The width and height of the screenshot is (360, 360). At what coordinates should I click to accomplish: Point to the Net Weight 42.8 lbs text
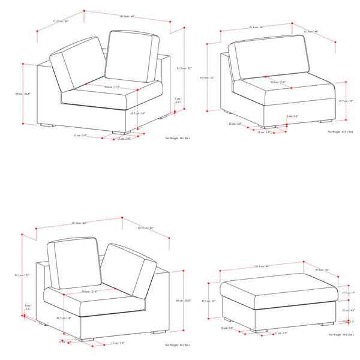tap(340, 131)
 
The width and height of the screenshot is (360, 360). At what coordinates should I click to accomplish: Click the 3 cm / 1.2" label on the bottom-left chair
tap(28, 308)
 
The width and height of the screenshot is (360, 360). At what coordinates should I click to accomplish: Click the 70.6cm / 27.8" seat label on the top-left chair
tap(112, 87)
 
